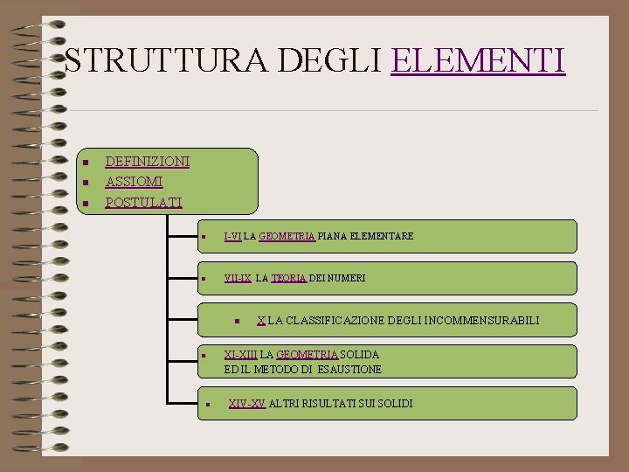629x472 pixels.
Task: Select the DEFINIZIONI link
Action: (147, 161)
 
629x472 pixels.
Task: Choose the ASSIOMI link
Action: (134, 182)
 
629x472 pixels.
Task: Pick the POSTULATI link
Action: (143, 203)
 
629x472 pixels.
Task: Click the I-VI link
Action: (232, 236)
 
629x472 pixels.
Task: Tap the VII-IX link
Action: (238, 278)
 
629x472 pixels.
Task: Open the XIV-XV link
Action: (246, 403)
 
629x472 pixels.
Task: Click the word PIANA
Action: (333, 236)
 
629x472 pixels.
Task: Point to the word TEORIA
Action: (288, 278)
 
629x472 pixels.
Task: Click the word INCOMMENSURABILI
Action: (483, 321)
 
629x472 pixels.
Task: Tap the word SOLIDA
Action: (359, 354)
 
